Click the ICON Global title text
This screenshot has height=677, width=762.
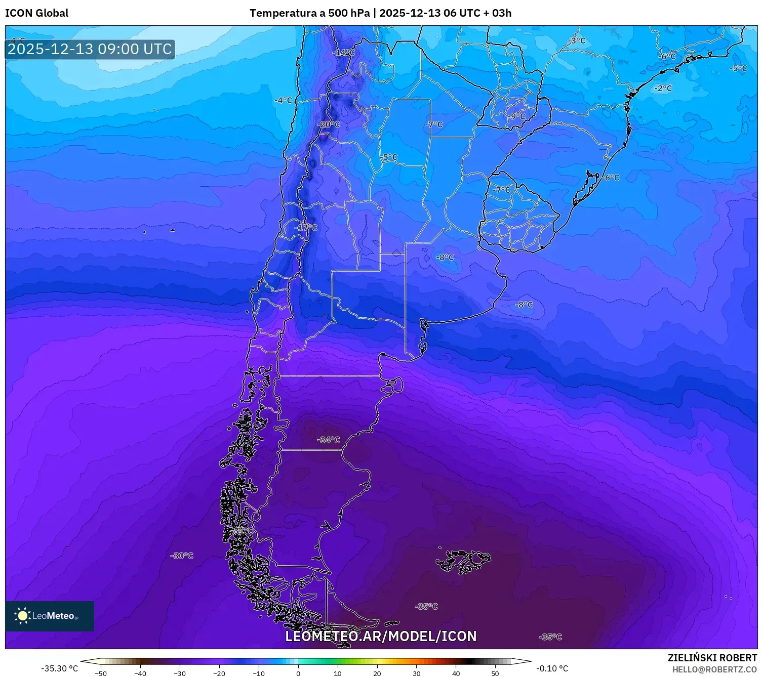point(36,13)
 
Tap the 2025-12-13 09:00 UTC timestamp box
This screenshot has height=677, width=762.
point(90,49)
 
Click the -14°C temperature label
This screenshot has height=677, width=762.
point(343,53)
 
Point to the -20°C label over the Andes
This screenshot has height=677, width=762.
point(329,124)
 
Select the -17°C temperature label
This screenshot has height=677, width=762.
point(306,228)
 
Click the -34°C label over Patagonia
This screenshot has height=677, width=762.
point(329,440)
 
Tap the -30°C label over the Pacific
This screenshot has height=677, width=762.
point(182,556)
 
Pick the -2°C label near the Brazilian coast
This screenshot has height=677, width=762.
point(663,88)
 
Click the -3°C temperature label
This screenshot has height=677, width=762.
point(576,40)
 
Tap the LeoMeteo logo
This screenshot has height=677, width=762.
point(49,616)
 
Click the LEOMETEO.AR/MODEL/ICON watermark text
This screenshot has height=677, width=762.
point(381,636)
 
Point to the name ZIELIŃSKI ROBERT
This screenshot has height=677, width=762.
point(712,658)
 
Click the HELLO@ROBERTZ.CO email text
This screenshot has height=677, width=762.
point(714,669)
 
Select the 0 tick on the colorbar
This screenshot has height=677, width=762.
point(298,673)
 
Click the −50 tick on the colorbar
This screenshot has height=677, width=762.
point(101,673)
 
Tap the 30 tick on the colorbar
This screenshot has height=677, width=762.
point(416,673)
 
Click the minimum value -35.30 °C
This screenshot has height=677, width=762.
point(59,668)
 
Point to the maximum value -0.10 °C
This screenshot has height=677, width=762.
point(552,668)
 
